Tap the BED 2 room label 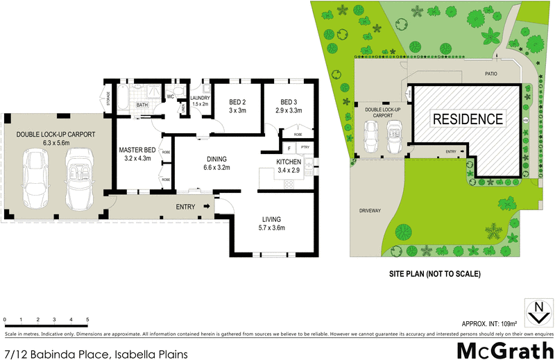[x=238, y=101]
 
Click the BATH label [x=142, y=105]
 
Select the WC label [x=170, y=97]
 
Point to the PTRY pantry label [x=304, y=148]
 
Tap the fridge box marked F [x=288, y=148]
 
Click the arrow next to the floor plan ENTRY [x=207, y=207]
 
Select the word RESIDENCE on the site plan [x=468, y=119]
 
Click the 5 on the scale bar [x=87, y=320]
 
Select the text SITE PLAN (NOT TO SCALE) [x=434, y=274]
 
